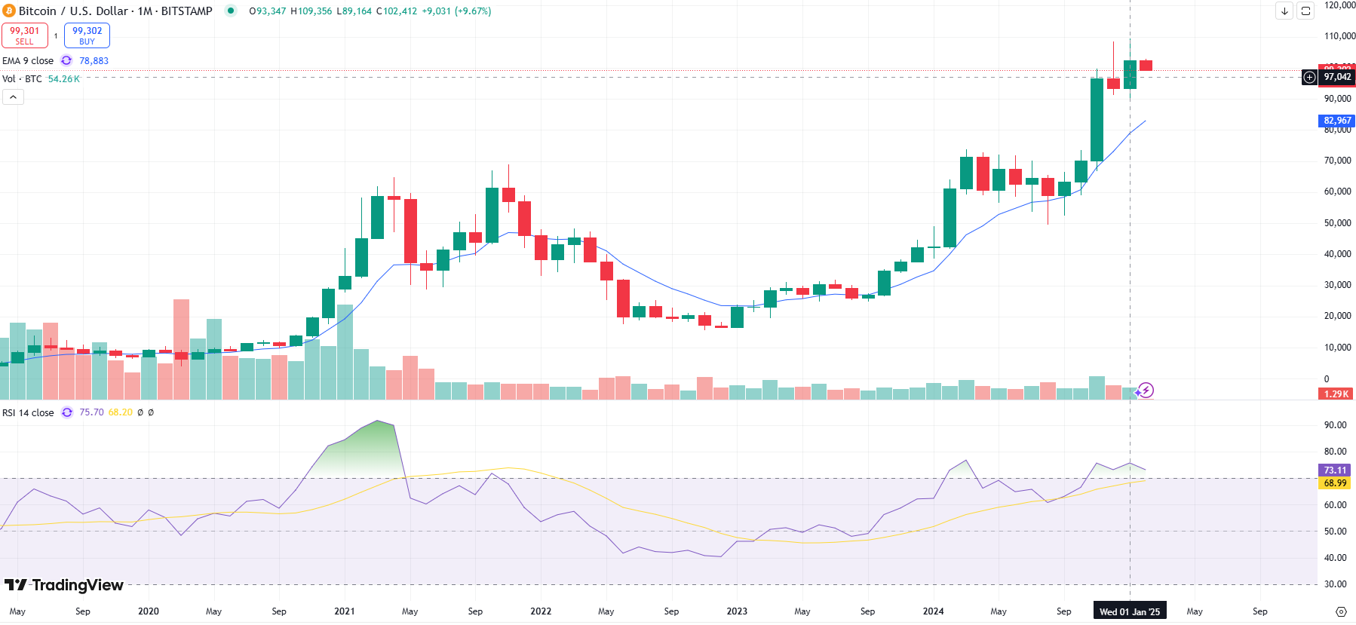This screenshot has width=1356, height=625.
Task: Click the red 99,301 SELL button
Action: [25, 35]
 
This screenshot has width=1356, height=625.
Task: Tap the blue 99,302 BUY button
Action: [87, 35]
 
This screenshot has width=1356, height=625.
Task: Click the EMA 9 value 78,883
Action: [94, 61]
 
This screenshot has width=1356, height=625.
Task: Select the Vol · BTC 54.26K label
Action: [41, 79]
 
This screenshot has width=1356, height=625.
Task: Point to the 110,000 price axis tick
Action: [1339, 36]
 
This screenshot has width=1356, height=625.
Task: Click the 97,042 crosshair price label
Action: [1337, 77]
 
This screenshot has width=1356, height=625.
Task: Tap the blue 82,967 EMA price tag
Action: [1337, 121]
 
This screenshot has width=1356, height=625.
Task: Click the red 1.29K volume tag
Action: [1336, 394]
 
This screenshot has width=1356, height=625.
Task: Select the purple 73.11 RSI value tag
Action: [1335, 470]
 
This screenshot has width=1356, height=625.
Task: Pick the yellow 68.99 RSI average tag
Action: [1335, 483]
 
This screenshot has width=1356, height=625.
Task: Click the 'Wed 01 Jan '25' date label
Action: [1129, 611]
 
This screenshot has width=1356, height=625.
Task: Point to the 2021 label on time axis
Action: [344, 611]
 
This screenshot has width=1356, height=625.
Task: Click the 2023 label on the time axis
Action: [736, 611]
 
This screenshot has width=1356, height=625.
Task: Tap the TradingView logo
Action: [64, 585]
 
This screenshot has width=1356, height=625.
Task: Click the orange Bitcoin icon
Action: [9, 11]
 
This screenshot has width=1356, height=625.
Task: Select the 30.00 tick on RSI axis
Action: [1335, 584]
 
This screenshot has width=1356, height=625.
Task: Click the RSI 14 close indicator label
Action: [28, 413]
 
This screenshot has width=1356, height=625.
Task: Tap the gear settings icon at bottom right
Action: [1341, 611]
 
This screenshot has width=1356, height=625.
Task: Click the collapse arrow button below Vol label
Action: [13, 97]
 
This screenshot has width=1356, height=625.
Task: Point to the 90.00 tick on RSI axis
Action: [1335, 425]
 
